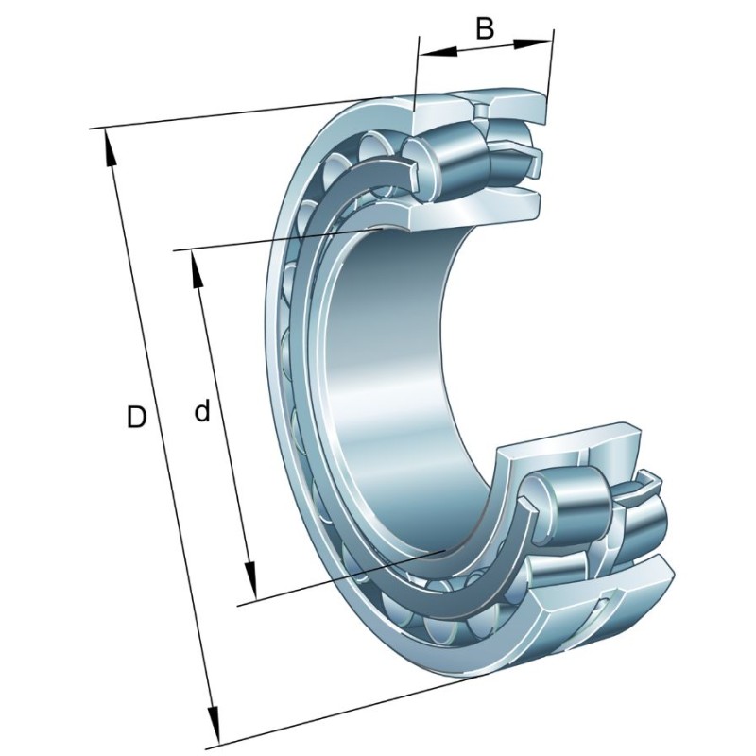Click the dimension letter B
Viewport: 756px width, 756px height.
click(484, 28)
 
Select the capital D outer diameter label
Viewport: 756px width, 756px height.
click(137, 417)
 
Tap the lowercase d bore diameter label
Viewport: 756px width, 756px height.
click(200, 411)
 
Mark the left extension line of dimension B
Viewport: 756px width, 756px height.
click(417, 76)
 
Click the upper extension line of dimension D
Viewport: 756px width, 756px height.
click(236, 113)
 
